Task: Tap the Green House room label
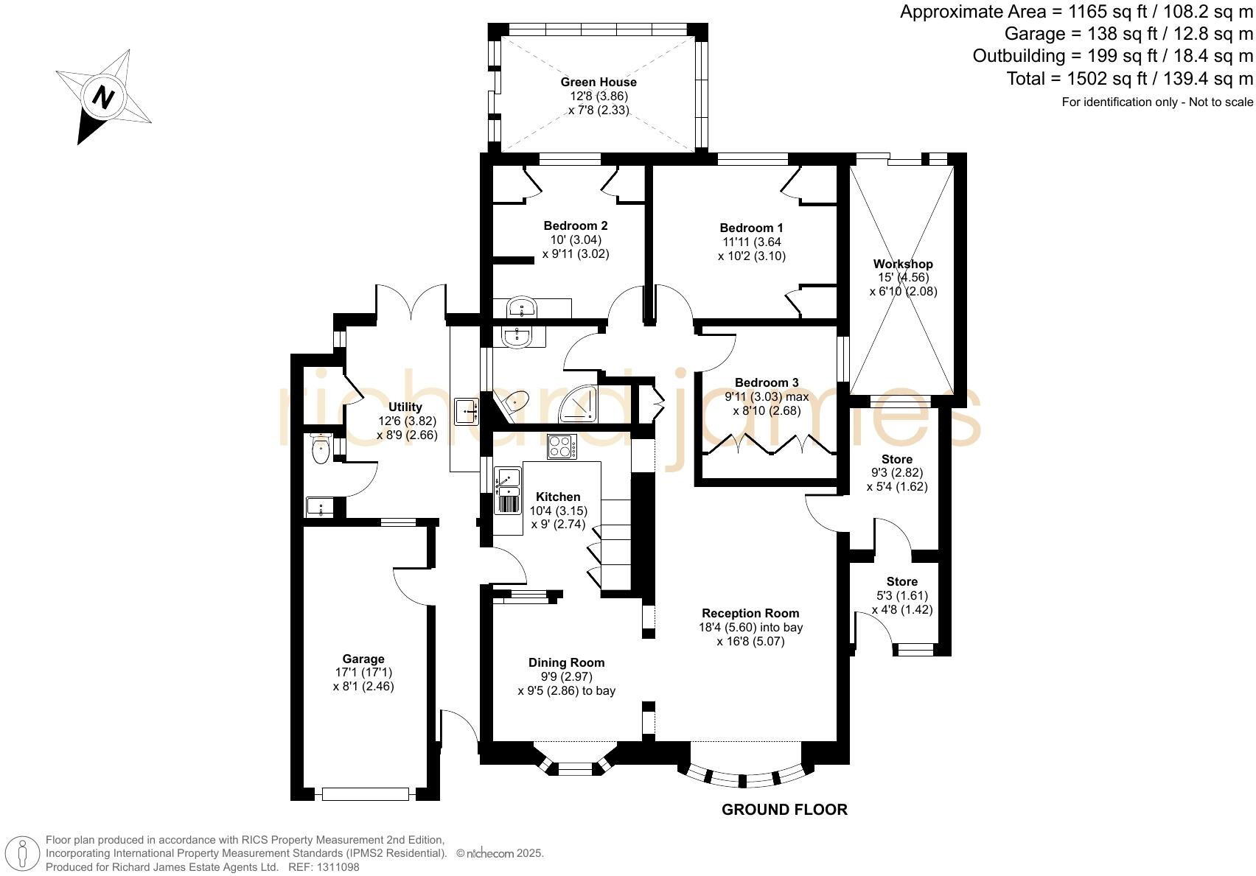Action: point(598,82)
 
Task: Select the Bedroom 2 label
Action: point(575,225)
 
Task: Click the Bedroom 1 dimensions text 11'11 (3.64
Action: point(751,242)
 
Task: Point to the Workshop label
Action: point(902,264)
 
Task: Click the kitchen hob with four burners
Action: point(561,447)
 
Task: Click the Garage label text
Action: point(363,659)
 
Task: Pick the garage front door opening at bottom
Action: point(365,793)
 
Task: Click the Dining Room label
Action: point(566,662)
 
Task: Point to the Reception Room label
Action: point(750,613)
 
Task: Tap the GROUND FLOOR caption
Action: point(784,810)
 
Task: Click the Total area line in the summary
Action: point(1129,78)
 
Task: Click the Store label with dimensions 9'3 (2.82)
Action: point(896,459)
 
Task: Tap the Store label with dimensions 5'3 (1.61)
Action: point(901,581)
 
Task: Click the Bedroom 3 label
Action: point(766,382)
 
